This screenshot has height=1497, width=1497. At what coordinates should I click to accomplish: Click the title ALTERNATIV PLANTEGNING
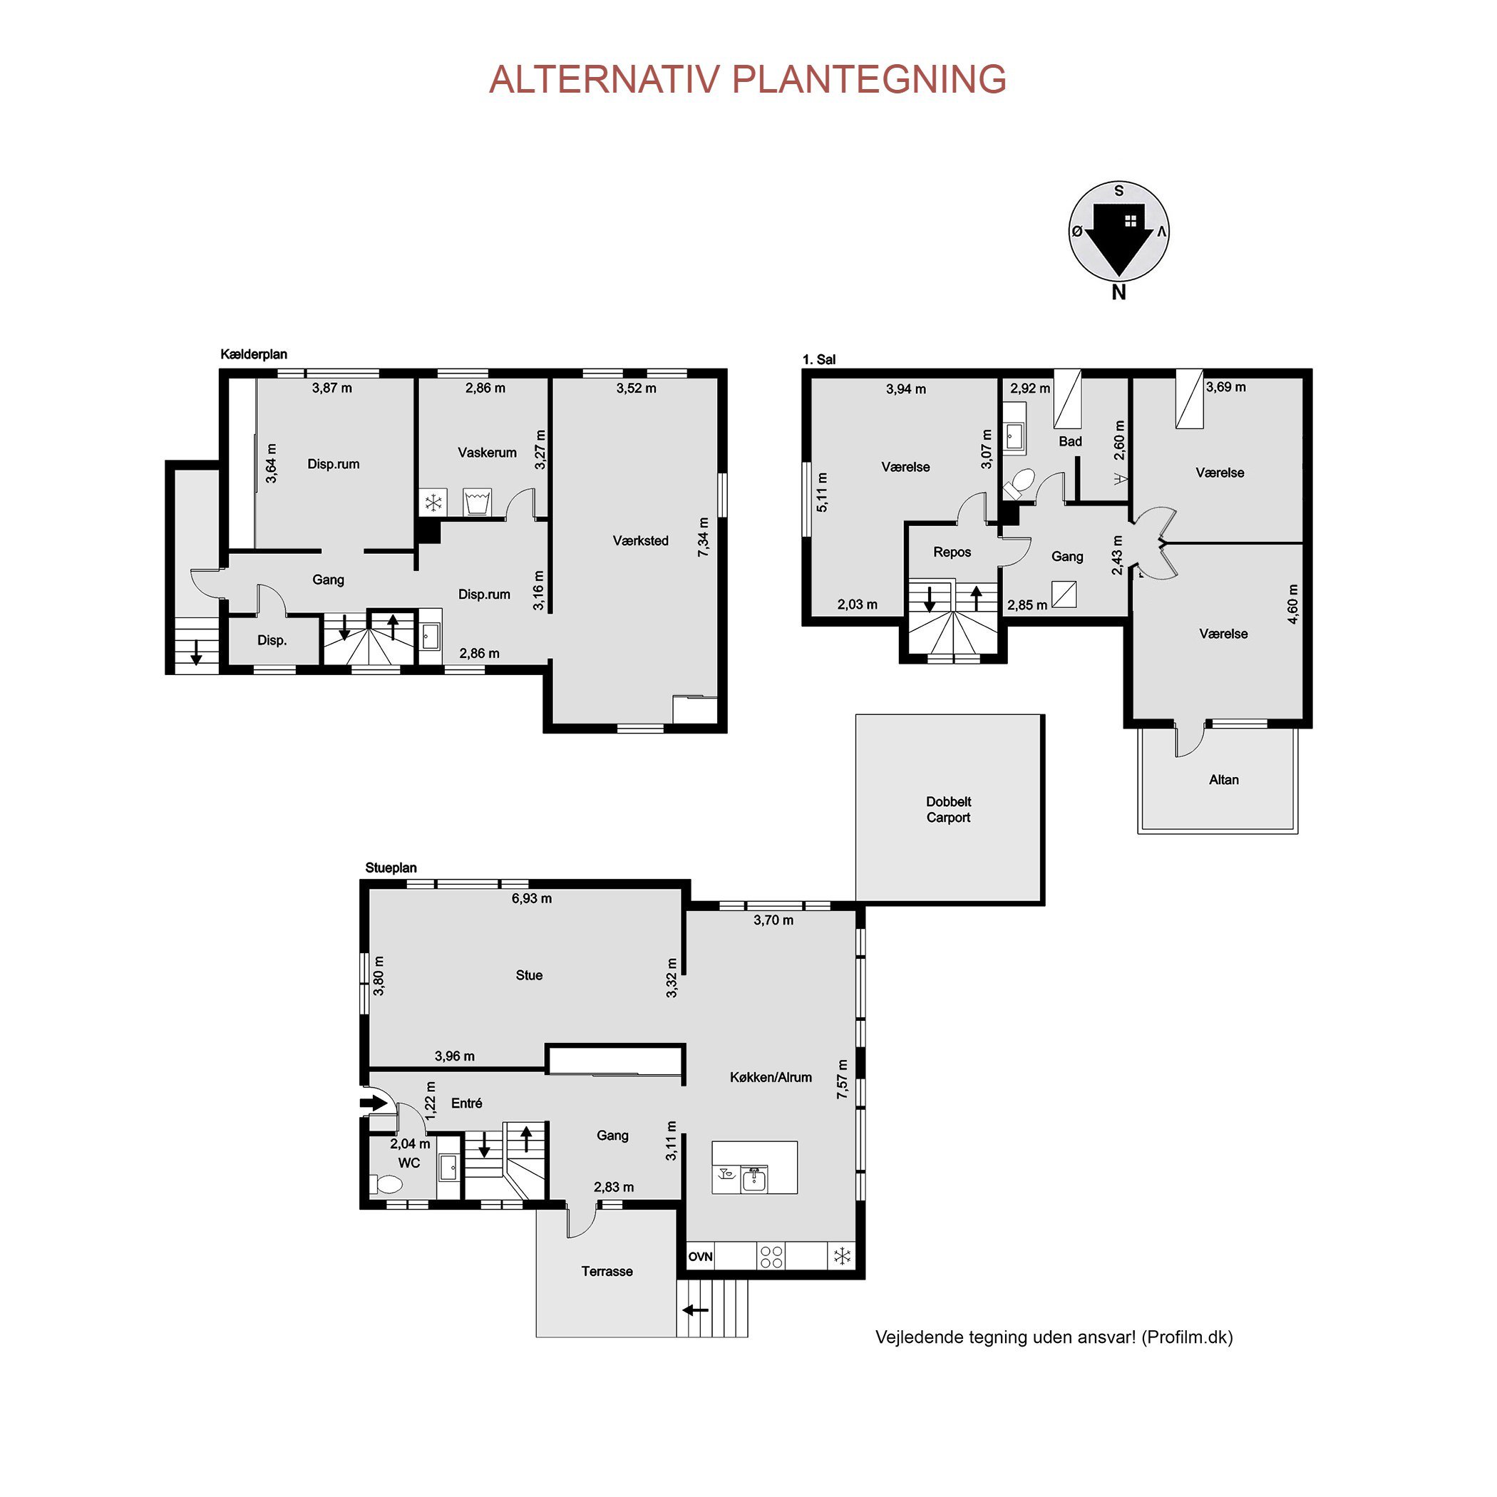click(748, 79)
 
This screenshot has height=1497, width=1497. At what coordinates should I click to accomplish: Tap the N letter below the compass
click(1118, 292)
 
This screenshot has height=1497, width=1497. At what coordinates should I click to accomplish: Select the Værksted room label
click(640, 541)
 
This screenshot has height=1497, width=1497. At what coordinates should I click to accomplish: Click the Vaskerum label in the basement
click(487, 453)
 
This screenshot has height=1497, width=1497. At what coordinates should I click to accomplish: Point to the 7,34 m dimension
click(703, 537)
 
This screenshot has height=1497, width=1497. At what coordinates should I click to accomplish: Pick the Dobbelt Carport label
click(948, 809)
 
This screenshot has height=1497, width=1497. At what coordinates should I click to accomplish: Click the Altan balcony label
click(1223, 779)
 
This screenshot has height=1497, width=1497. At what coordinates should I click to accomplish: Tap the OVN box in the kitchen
click(701, 1256)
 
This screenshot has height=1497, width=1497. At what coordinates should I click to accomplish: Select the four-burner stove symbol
click(771, 1256)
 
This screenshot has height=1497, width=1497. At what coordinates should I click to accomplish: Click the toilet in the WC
click(386, 1184)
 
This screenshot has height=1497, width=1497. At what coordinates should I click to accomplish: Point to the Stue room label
click(529, 974)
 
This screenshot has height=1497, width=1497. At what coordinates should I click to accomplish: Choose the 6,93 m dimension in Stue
click(532, 898)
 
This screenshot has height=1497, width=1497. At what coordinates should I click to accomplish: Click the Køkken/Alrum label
click(771, 1077)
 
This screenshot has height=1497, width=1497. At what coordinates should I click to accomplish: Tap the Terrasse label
click(607, 1271)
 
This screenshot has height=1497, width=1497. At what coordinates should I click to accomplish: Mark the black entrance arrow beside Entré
click(374, 1102)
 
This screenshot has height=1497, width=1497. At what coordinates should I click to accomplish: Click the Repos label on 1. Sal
click(952, 552)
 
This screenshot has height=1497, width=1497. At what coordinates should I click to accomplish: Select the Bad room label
click(1070, 441)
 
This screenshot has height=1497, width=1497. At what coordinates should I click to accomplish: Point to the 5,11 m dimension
click(822, 492)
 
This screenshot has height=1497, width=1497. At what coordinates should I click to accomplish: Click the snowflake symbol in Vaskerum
click(433, 503)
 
